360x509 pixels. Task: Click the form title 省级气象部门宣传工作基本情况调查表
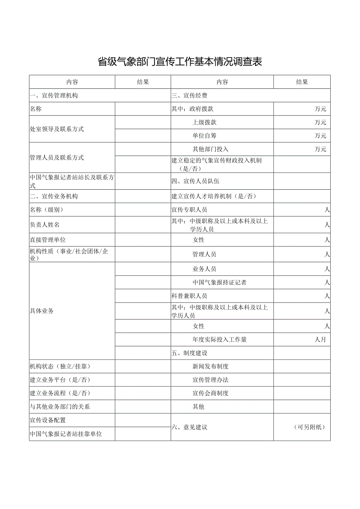point(180,62)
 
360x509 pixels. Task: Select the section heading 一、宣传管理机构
point(54,95)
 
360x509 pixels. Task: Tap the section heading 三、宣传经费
point(190,95)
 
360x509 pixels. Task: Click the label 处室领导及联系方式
point(57,129)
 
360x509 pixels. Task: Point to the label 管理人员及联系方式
point(57,158)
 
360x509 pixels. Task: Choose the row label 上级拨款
point(205,122)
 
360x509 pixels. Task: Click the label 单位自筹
point(205,136)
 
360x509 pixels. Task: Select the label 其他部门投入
point(211,149)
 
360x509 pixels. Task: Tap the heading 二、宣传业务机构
point(54,196)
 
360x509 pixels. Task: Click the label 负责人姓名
point(45,225)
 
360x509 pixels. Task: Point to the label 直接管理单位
point(48,239)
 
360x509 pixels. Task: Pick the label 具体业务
point(42,311)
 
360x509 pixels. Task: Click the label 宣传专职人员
point(189,210)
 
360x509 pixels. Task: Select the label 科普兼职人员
point(189,296)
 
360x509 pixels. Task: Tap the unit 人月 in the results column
point(320,340)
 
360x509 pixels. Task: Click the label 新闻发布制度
point(211,367)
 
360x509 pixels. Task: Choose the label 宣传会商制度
point(211,393)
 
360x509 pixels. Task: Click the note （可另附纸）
point(309,427)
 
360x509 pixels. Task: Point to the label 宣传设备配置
point(48,420)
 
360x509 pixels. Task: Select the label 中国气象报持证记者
point(220,282)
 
